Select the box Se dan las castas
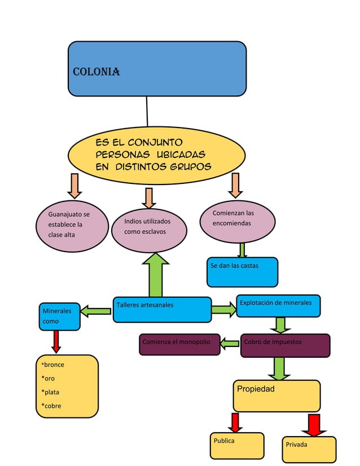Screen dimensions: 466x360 (242, 272)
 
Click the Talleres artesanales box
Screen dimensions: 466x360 (162, 309)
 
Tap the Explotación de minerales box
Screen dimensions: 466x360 (278, 306)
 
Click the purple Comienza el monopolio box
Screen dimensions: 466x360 (179, 345)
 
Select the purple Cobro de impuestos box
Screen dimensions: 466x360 (285, 345)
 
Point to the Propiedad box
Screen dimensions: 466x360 (276, 395)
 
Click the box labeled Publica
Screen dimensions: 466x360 (236, 445)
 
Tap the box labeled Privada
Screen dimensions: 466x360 (309, 449)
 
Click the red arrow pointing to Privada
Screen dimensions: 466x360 (314, 425)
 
